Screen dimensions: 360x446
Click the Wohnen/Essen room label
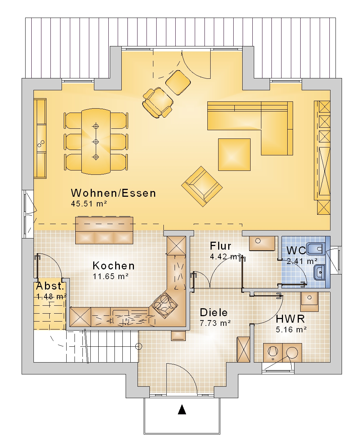click(x=113, y=193)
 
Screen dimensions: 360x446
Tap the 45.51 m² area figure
click(x=89, y=204)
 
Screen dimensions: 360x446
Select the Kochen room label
click(x=114, y=266)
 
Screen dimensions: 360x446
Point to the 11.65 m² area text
click(x=111, y=276)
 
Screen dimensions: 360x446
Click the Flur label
click(x=220, y=246)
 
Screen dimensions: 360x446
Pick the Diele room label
click(x=214, y=313)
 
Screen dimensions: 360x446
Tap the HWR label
click(x=290, y=319)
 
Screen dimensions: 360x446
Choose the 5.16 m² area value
click(x=291, y=329)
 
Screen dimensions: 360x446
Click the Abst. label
click(x=50, y=286)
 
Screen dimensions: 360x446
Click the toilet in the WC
click(x=315, y=249)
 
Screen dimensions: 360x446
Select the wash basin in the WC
click(x=319, y=273)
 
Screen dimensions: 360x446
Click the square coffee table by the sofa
click(x=234, y=155)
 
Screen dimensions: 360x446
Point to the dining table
click(x=96, y=141)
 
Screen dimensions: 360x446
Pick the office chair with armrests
click(x=158, y=103)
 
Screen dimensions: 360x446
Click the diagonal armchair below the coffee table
click(x=202, y=186)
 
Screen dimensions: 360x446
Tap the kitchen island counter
click(x=104, y=230)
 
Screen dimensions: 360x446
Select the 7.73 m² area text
click(x=215, y=323)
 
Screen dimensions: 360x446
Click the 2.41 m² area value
click(x=302, y=261)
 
